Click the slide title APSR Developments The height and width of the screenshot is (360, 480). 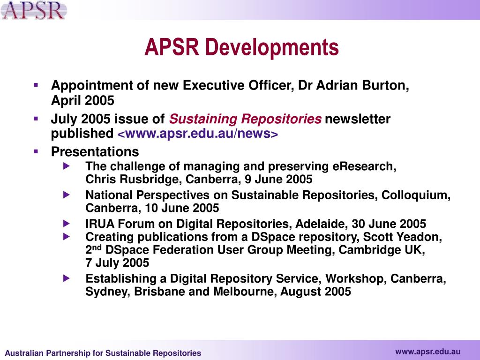tap(241, 47)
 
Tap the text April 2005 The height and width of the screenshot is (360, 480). tap(82, 101)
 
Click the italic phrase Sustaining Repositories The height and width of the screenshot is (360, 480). tap(245, 119)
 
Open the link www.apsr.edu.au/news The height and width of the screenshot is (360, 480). tap(197, 134)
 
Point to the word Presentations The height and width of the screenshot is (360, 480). tap(95, 152)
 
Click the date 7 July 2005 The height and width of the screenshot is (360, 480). tap(117, 263)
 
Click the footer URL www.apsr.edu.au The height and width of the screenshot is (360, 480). tap(427, 352)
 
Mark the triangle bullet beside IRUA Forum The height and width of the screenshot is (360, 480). tap(67, 223)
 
